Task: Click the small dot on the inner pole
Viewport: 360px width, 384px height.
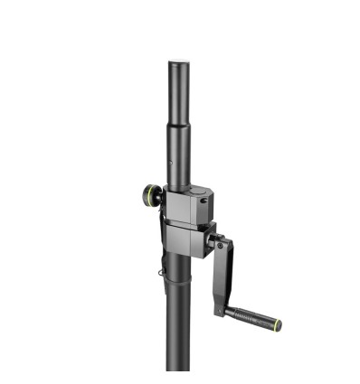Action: coord(173,164)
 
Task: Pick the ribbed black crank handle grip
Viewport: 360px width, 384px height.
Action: coord(249,316)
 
